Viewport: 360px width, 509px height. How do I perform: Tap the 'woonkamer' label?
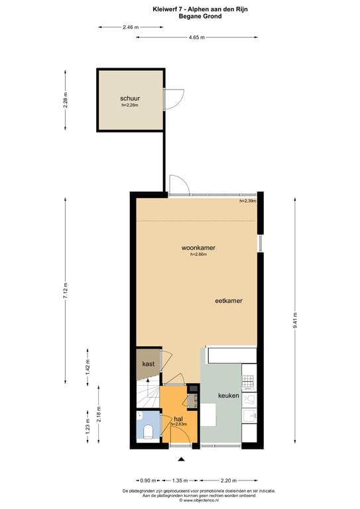tap(199, 248)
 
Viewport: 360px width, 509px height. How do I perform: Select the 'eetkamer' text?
tap(228, 301)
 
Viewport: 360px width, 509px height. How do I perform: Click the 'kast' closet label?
tap(148, 365)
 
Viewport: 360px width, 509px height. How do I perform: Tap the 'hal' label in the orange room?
tap(178, 419)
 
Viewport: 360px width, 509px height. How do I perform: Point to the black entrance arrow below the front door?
tap(180, 459)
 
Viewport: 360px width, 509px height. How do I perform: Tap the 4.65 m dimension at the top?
tap(196, 38)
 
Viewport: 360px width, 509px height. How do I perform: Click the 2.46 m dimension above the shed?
tap(131, 27)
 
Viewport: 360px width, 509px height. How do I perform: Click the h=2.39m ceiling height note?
tap(247, 200)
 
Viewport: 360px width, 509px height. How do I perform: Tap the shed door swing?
tap(172, 99)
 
